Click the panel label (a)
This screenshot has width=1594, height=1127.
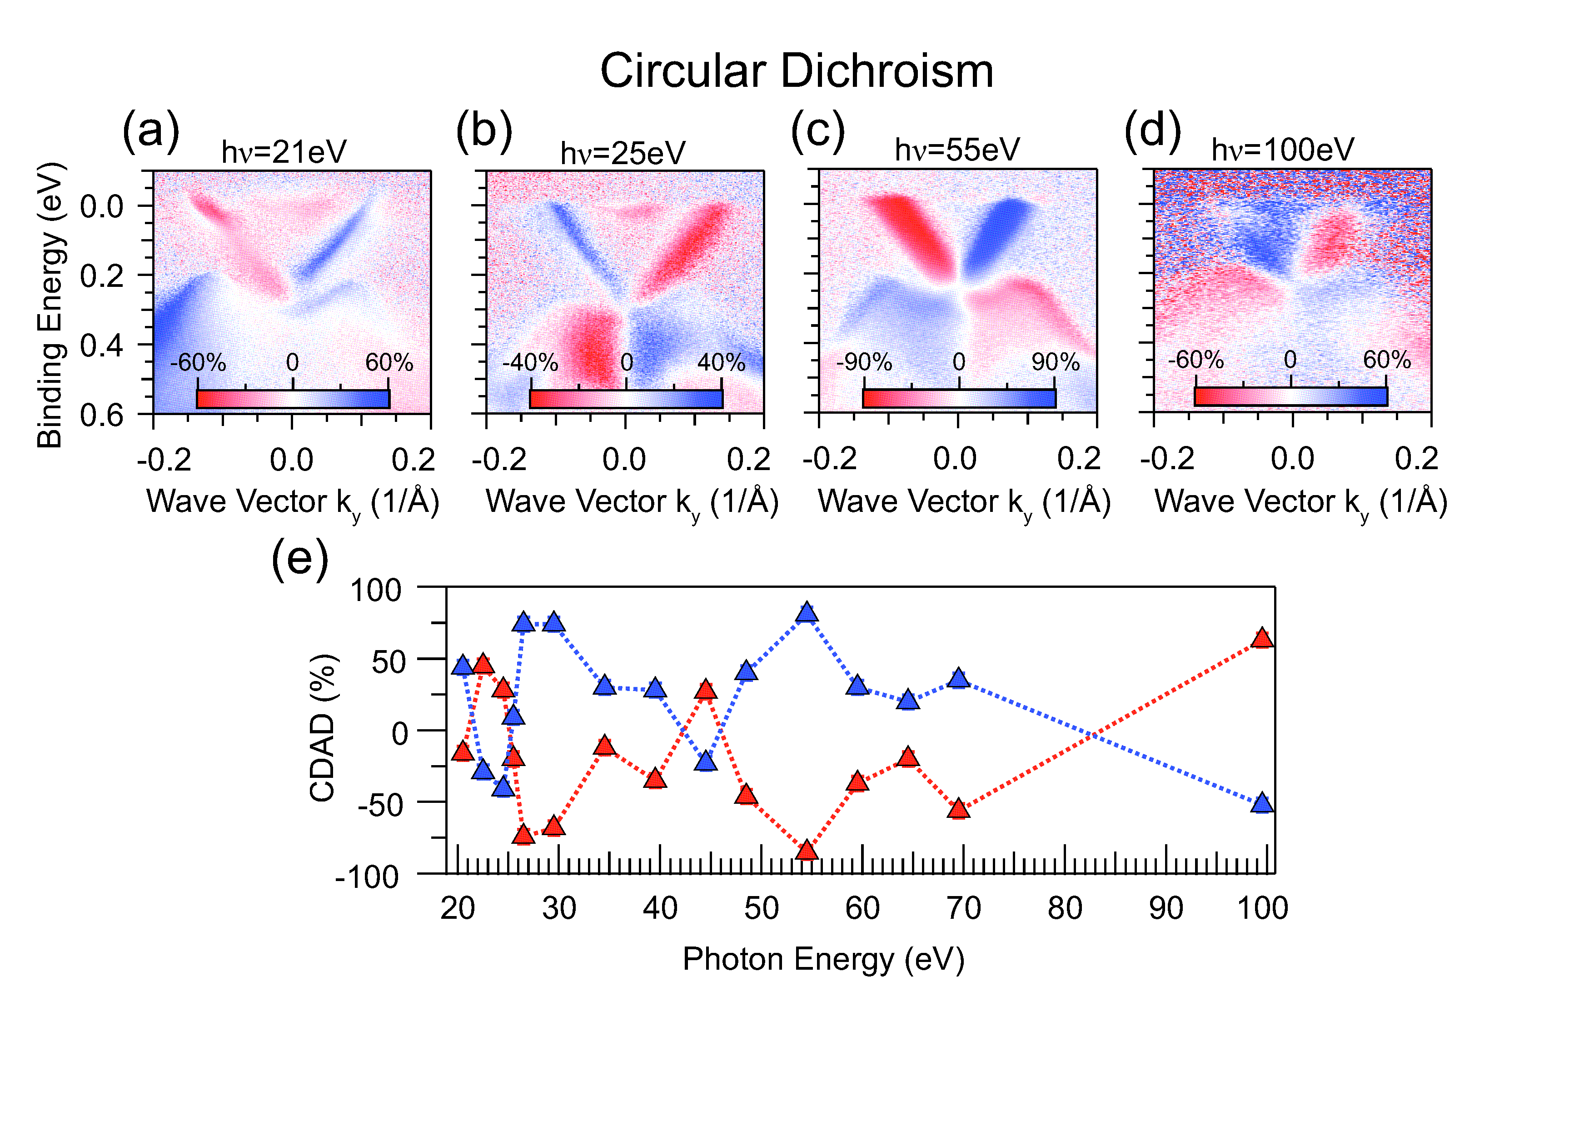[151, 130]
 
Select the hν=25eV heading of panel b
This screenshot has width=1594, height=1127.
[623, 153]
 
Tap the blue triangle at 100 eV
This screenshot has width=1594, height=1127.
[1262, 803]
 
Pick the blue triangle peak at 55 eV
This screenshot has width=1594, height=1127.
[807, 612]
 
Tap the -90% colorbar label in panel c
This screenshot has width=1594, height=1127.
[864, 362]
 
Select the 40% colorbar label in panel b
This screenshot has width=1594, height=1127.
[721, 362]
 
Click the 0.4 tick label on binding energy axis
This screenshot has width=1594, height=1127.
[102, 345]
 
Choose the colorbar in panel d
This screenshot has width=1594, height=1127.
[1290, 396]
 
